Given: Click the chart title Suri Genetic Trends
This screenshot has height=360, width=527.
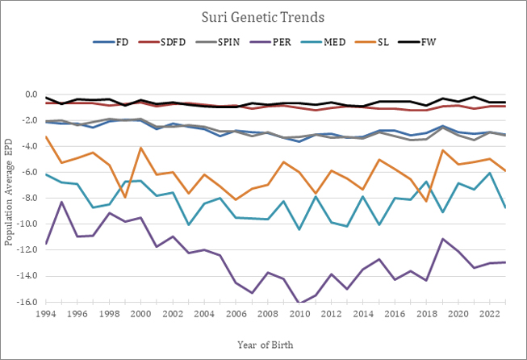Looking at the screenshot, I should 263,16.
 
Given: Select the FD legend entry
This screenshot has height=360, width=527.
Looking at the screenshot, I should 121,42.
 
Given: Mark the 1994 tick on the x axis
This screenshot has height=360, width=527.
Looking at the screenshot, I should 47,313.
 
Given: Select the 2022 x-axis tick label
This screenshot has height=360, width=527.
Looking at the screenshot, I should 488,313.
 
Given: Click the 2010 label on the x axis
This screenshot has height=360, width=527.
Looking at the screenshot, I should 299,313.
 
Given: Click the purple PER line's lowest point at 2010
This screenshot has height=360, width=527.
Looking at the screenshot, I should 299,303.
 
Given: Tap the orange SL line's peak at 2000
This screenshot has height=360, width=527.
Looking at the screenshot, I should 141,148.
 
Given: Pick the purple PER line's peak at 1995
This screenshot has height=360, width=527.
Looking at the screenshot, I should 62,202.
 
